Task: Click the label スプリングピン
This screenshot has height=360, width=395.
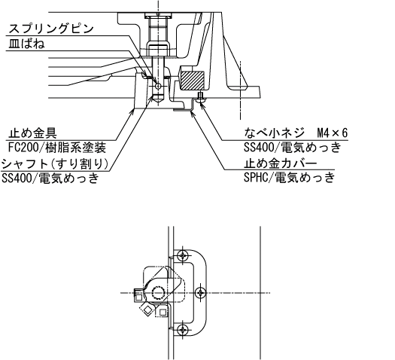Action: pyautogui.click(x=51, y=29)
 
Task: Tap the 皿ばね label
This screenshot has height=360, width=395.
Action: pyautogui.click(x=26, y=44)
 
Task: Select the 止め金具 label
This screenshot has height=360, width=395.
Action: pyautogui.click(x=32, y=133)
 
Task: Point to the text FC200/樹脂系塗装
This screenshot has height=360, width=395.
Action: pyautogui.click(x=56, y=148)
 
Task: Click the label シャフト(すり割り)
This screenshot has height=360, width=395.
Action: pyautogui.click(x=55, y=164)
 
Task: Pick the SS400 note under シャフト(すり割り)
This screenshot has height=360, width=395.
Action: pyautogui.click(x=50, y=178)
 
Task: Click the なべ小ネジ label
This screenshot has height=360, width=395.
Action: pyautogui.click(x=275, y=133)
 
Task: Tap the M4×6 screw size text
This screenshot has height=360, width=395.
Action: pyautogui.click(x=333, y=133)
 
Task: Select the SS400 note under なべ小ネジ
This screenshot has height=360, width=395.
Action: pyautogui.click(x=293, y=148)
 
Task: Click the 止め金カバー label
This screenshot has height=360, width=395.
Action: pyautogui.click(x=280, y=163)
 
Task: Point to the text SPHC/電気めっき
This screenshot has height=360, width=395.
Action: pyautogui.click(x=290, y=178)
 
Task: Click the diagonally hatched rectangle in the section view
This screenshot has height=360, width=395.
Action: pyautogui.click(x=193, y=81)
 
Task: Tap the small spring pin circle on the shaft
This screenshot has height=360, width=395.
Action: pyautogui.click(x=158, y=86)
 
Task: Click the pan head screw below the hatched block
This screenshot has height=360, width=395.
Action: pyautogui.click(x=201, y=98)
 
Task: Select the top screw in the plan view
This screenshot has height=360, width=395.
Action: pyautogui.click(x=183, y=256)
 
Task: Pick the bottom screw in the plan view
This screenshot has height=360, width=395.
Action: pyautogui.click(x=182, y=329)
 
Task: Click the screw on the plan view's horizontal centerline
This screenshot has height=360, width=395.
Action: pyautogui.click(x=201, y=293)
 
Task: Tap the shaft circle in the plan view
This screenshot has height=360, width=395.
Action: pyautogui.click(x=158, y=293)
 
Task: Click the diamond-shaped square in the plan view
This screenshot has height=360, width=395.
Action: pyautogui.click(x=147, y=310)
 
